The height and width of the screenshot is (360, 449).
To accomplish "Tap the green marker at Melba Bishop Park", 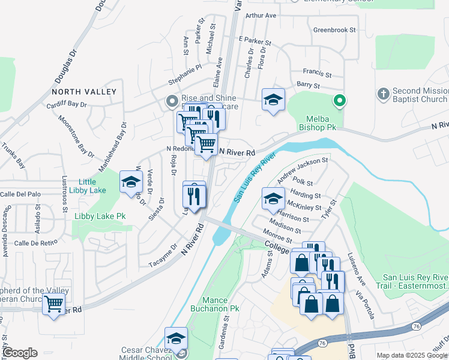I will (340, 101).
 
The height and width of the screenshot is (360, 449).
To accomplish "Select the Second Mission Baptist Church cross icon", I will (384, 94).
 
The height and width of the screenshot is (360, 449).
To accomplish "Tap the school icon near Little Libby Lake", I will (131, 182).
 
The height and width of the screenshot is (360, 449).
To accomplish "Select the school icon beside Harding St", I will (273, 198).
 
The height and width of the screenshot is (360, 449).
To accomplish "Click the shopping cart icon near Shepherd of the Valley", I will (54, 305).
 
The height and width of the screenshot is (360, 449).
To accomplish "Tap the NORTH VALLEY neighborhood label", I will (84, 92).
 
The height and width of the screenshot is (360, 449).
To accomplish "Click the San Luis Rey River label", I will (255, 177).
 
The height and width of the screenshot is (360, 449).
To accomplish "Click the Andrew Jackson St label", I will (302, 170).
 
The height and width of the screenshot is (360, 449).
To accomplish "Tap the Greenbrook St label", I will (335, 29).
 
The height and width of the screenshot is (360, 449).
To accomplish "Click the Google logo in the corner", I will (20, 353).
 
